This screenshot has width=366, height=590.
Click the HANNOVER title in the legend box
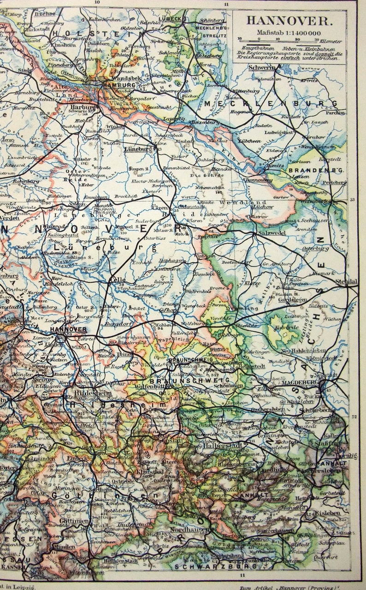[289, 20]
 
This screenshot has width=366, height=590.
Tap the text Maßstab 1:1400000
[289, 33]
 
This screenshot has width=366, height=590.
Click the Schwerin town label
[262, 67]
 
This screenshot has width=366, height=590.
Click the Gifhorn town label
[168, 310]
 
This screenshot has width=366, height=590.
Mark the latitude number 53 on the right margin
[353, 200]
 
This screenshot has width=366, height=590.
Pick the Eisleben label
[328, 512]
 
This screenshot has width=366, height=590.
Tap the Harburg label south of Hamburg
[83, 107]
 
